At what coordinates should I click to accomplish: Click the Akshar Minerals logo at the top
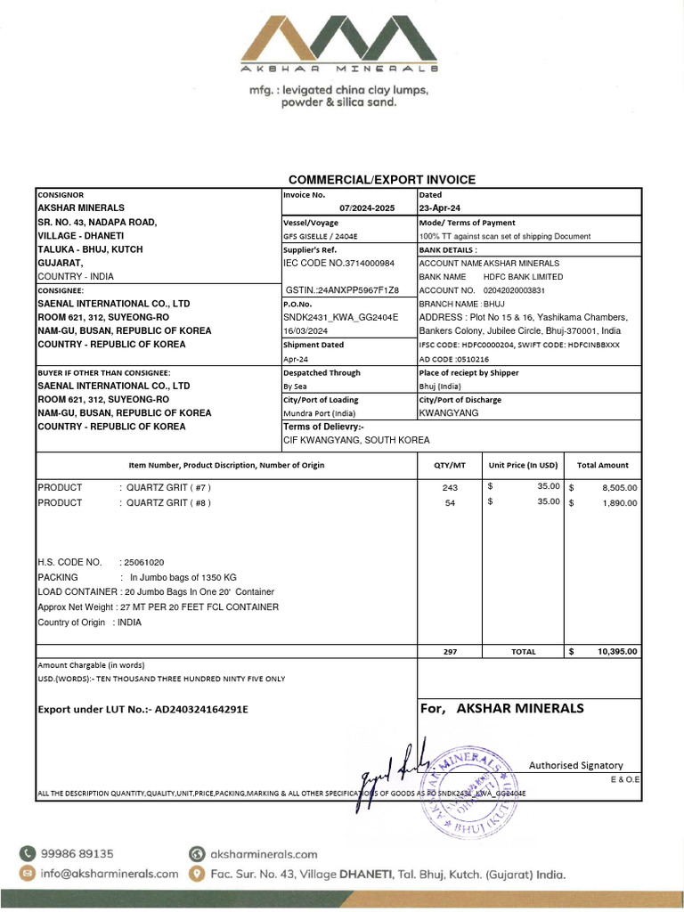tap(342, 40)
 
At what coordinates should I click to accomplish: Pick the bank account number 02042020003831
tap(514, 290)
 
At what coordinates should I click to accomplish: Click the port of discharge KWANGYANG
tap(449, 413)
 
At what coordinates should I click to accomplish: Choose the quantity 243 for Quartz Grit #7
tap(450, 488)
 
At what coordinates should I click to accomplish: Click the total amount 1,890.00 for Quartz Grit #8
tap(619, 503)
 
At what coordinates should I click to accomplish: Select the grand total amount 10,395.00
tap(617, 652)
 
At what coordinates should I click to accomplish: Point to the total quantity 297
tap(450, 652)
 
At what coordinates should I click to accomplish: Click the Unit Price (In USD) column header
tap(523, 465)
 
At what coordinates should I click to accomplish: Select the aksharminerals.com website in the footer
tap(264, 853)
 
